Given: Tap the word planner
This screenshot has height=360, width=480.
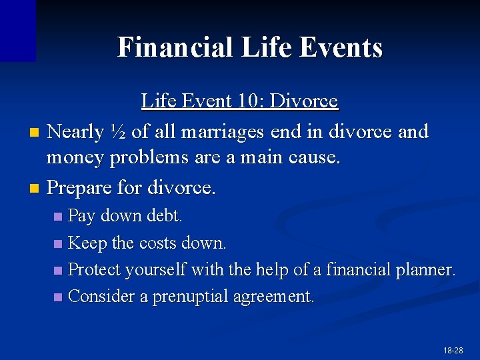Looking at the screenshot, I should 425,270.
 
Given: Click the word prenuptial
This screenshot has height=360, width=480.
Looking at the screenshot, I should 190,297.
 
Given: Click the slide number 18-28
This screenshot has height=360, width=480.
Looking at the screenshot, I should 453,350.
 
